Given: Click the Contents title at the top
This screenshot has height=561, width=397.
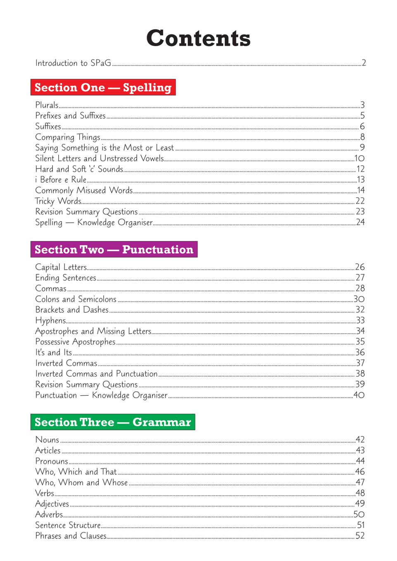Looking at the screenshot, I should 198,38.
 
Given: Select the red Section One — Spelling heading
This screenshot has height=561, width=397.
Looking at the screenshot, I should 103,87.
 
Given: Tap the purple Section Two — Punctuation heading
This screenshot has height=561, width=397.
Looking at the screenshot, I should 114,250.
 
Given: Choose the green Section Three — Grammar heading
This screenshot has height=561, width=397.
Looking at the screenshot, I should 112,422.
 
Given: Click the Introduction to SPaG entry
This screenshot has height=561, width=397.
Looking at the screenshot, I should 73,63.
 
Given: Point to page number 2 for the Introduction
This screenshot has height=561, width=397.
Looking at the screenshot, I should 364,63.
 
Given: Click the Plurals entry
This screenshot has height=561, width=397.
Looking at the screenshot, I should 47,105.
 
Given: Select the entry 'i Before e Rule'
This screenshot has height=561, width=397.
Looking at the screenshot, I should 61,180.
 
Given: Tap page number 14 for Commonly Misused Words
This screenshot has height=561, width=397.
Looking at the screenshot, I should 361,190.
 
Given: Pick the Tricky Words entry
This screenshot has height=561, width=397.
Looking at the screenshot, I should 58,201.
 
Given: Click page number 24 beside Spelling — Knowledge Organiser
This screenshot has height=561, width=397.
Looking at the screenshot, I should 360,222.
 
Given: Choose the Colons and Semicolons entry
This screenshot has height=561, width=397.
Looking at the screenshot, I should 76,299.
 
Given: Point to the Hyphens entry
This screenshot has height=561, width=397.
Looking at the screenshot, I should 50,321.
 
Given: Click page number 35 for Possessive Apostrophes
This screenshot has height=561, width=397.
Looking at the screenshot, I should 360,342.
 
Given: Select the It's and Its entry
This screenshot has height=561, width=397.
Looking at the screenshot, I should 53,353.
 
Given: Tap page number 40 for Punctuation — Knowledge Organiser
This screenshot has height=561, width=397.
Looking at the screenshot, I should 359,395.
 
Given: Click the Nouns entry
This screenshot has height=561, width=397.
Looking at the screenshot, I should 47,440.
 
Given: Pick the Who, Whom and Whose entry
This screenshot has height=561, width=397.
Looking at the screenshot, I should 81,483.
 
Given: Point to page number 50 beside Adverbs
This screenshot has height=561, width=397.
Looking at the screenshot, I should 359,514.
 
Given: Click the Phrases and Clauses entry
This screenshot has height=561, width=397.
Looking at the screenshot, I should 71,536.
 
